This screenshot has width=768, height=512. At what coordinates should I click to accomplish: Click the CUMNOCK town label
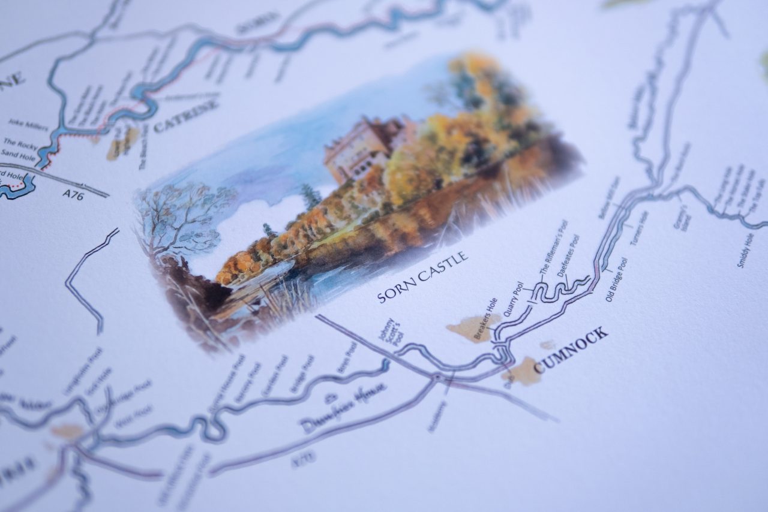tap(571, 350)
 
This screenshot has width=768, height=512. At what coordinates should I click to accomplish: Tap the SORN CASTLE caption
tap(423, 277)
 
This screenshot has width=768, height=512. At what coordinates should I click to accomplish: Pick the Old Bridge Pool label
tap(616, 279)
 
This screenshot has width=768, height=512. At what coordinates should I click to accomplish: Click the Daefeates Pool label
tap(568, 256)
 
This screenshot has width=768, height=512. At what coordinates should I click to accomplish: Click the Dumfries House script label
tap(344, 408)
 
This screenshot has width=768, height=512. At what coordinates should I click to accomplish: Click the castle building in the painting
tap(361, 150)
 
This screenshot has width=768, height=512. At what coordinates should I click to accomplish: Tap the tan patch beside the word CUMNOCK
tap(523, 371)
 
